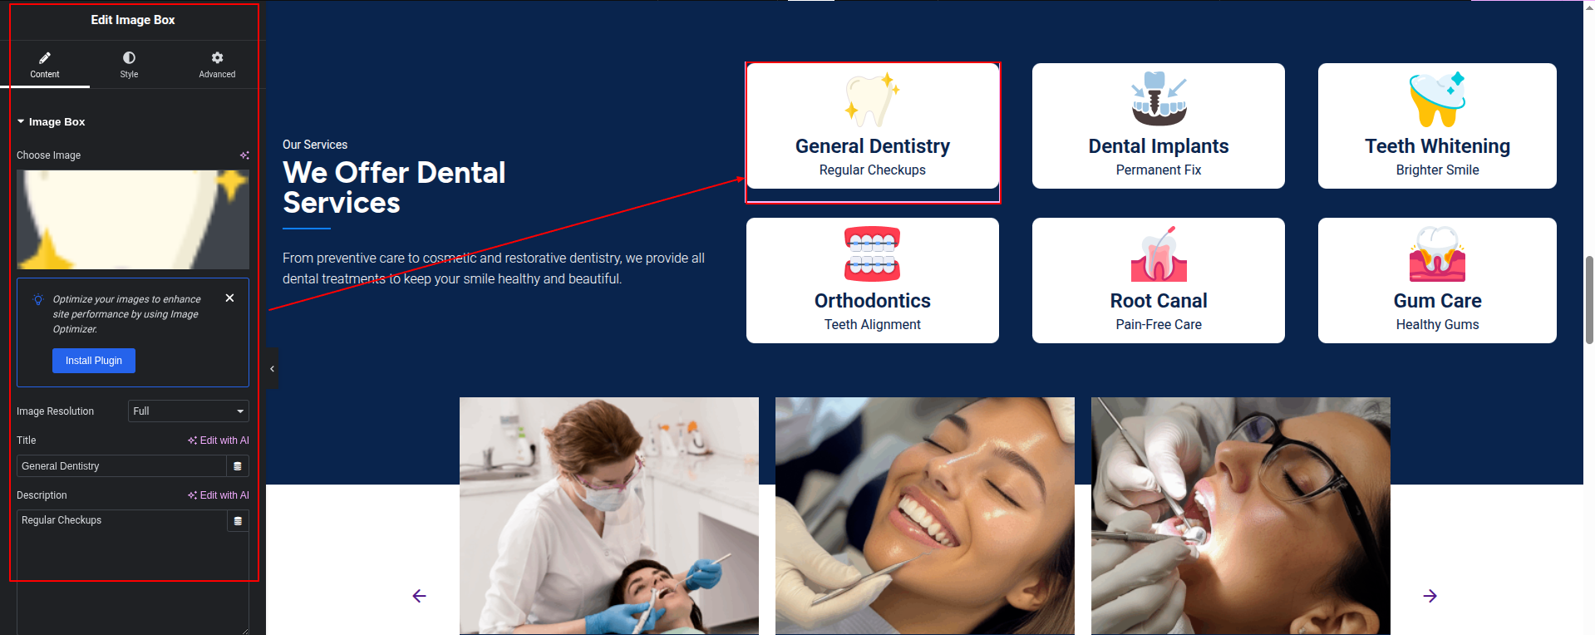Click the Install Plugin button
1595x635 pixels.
point(94,361)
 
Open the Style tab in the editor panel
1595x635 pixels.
point(129,65)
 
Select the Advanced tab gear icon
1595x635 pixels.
point(217,57)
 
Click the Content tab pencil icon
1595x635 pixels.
point(45,57)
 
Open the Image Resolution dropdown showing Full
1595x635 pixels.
point(189,411)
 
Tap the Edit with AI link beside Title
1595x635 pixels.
point(219,441)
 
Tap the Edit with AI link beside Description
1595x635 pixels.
point(219,495)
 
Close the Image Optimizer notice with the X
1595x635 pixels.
point(230,298)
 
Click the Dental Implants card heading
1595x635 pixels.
point(1159,146)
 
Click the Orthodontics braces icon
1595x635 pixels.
point(873,254)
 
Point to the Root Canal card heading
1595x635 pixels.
point(1159,301)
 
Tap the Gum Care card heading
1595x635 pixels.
point(1437,301)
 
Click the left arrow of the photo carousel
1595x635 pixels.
point(419,596)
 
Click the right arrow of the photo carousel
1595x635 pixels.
point(1430,596)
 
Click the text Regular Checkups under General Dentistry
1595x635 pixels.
point(873,170)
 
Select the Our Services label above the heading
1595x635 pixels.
point(315,145)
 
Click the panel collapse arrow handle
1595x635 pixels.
point(272,369)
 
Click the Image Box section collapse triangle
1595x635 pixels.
point(21,121)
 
